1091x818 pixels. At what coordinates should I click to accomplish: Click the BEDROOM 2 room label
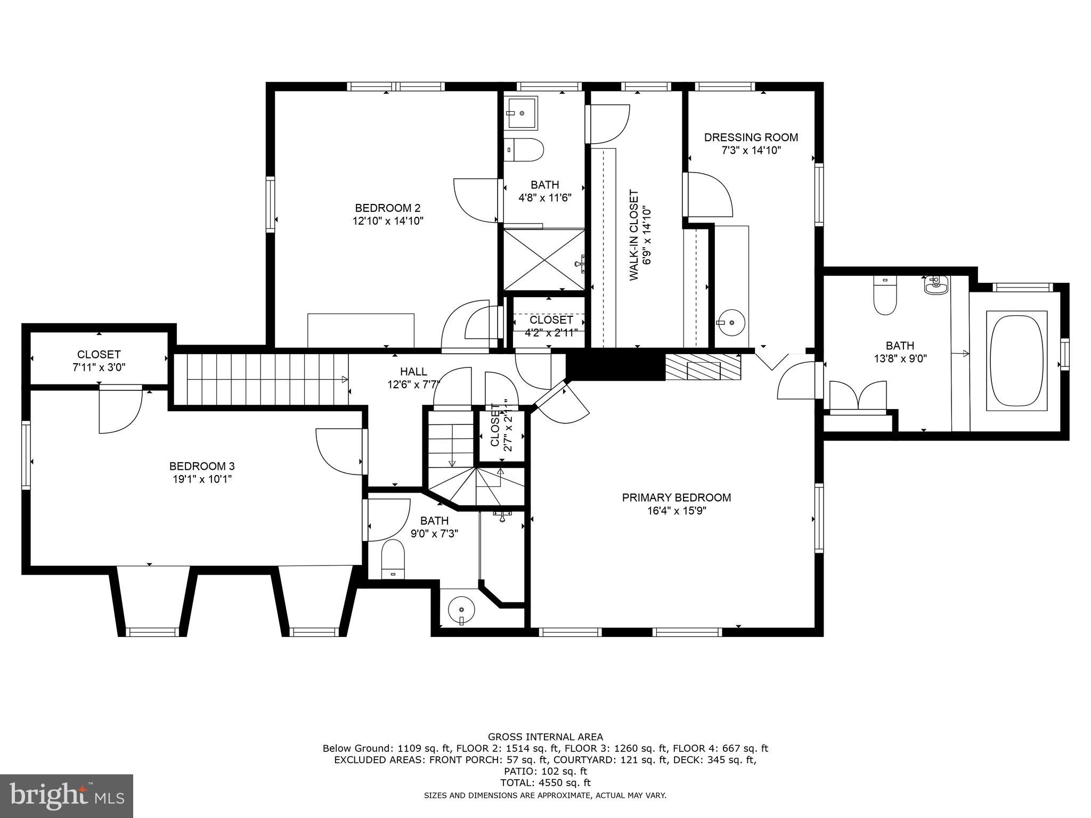(388, 208)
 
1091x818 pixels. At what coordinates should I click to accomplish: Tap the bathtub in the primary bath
(1016, 361)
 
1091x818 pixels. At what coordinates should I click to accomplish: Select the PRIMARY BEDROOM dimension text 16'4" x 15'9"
(677, 511)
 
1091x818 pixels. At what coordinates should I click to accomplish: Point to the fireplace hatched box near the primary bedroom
(703, 367)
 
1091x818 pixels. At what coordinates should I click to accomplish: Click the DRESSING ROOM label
(751, 137)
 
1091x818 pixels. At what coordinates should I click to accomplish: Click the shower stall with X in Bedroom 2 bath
(543, 259)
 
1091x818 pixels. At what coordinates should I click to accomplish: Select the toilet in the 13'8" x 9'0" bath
(885, 296)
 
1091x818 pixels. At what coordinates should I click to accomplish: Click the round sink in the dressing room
(732, 322)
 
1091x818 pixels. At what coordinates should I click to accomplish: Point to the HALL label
(413, 372)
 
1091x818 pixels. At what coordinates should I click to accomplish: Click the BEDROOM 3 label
(202, 466)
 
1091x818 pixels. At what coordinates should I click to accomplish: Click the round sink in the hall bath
(461, 609)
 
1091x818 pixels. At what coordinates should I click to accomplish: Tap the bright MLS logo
(67, 796)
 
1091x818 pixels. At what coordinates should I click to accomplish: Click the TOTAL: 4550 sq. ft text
(545, 783)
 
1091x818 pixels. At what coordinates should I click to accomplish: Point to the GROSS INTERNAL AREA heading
(545, 737)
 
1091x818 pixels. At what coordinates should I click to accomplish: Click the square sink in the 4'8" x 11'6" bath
(522, 112)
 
